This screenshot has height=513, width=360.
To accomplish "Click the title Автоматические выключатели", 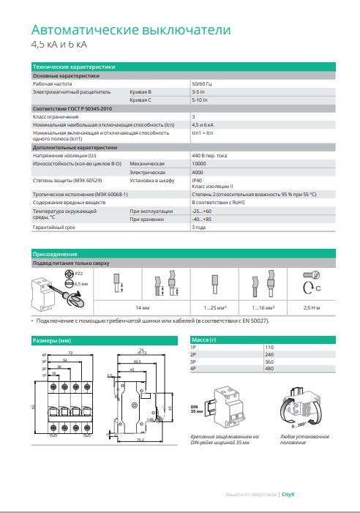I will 131,31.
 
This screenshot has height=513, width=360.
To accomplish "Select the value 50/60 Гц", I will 202,84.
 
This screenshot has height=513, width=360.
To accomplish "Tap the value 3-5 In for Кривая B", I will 198,92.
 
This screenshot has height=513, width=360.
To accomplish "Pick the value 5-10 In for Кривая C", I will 199,100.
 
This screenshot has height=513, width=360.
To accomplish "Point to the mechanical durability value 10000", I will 199,163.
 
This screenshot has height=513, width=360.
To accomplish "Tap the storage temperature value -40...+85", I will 201,219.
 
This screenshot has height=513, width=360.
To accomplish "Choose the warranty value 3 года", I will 199,227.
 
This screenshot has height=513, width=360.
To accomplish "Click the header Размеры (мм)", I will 52,340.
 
